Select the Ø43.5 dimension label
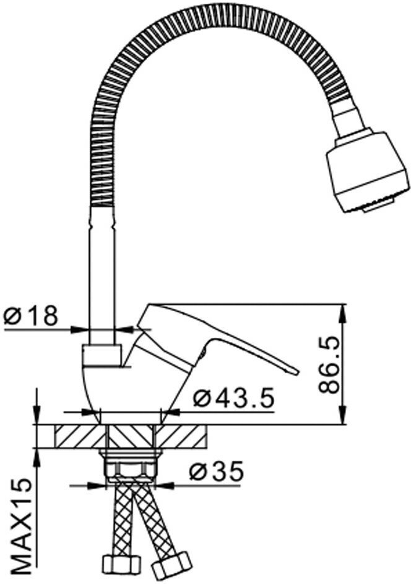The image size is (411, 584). pos(233,398)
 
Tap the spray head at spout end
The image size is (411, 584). pos(366,170)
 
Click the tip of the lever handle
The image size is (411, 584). pos(292,371)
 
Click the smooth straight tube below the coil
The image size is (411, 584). pos(102,272)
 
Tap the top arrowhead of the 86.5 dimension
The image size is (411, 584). pos(344,309)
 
